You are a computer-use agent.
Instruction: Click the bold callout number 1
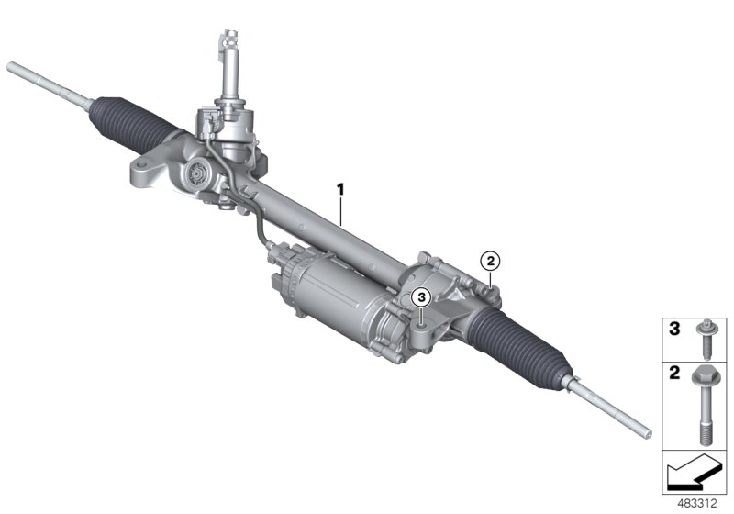point(340,189)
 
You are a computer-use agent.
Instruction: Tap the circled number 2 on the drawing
point(491,262)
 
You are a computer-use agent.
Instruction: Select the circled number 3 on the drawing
point(420,296)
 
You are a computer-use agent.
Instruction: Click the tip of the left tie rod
point(11,66)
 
